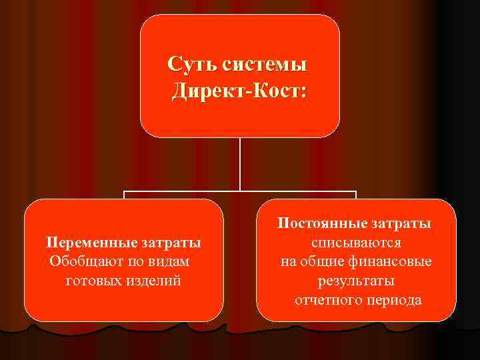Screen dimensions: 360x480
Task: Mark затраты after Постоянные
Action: click(x=401, y=223)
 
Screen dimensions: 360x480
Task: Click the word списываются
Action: click(x=356, y=242)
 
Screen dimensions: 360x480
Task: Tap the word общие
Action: click(x=321, y=261)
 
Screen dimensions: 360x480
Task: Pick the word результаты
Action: click(x=356, y=281)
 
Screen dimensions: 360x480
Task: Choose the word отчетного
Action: click(x=326, y=300)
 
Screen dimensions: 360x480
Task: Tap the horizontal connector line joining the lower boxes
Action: click(x=239, y=193)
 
